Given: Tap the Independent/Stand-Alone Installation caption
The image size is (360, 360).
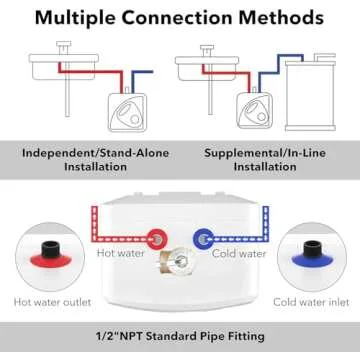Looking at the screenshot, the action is click(96, 160).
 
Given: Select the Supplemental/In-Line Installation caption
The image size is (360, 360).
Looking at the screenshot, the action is click(265, 160).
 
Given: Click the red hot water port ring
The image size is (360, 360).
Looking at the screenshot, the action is click(157, 239).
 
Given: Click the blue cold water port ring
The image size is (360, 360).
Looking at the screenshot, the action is click(203, 239).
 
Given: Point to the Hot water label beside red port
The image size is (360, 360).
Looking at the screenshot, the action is click(121, 253).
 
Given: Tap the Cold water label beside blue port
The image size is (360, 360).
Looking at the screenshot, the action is click(239, 253).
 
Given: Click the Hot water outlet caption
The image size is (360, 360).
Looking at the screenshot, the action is click(52, 302).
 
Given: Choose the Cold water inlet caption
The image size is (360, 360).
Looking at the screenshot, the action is click(311, 302).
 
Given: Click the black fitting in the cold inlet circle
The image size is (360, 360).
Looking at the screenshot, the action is click(312, 249).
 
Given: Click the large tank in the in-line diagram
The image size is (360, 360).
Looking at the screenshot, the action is click(310, 95).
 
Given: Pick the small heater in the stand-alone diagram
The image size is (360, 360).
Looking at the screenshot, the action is click(128, 112).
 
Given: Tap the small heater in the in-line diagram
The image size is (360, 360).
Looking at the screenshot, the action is click(254, 111).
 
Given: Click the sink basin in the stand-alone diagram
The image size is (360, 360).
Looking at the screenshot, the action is click(64, 67).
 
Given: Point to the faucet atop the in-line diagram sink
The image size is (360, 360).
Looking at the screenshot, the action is click(207, 50).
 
